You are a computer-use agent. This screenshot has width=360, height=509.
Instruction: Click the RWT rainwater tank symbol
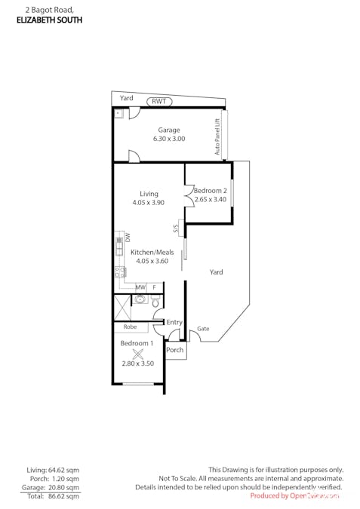[x=159, y=101]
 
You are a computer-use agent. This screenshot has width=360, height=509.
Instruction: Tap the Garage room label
[x=169, y=130]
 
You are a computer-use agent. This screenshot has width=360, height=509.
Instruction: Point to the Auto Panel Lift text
[x=217, y=136]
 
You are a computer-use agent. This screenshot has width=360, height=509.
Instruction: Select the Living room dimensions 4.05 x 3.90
[x=149, y=203]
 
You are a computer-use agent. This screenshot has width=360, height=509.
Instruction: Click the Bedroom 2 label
[x=209, y=191]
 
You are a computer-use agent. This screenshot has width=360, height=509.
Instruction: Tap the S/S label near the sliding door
[x=176, y=227]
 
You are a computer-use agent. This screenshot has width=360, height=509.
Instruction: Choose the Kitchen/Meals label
[x=152, y=252]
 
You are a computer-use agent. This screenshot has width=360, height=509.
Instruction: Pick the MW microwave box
[x=140, y=287]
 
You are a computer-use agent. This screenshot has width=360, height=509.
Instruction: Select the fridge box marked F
[x=155, y=287]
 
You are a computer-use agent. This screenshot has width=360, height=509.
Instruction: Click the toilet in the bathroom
[x=156, y=300]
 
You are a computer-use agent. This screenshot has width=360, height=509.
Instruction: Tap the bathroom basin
[x=140, y=299]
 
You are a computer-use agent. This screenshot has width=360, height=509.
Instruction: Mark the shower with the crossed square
[x=122, y=308]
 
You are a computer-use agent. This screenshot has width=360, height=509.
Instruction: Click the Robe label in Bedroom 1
[x=130, y=327]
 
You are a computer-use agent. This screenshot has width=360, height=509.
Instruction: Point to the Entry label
[x=174, y=322]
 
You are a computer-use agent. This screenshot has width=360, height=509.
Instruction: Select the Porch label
[x=174, y=350]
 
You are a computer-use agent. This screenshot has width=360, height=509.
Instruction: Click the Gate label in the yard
[x=203, y=329]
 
